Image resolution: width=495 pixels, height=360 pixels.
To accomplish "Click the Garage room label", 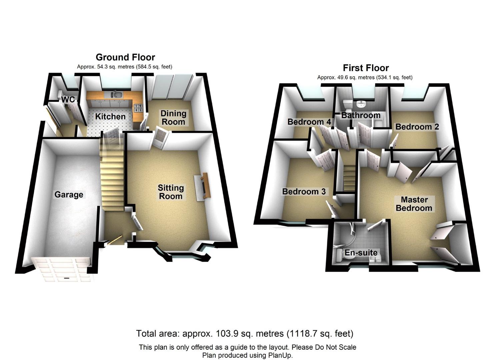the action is pyautogui.click(x=69, y=194).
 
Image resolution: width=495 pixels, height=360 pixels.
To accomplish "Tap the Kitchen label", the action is pyautogui.click(x=110, y=116).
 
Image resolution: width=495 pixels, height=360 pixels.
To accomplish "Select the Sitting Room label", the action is pyautogui.click(x=171, y=192).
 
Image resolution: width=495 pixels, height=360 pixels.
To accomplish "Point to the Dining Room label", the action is pyautogui.click(x=173, y=118).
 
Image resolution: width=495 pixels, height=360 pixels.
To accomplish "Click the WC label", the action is pyautogui.click(x=68, y=99).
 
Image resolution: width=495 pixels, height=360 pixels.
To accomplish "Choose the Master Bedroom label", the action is pyautogui.click(x=414, y=204).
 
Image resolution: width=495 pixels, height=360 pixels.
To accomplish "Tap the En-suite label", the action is pyautogui.click(x=361, y=253).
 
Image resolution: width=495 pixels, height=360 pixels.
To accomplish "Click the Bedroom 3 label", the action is pyautogui.click(x=304, y=191).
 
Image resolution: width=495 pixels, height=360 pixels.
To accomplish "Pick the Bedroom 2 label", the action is pyautogui.click(x=417, y=127).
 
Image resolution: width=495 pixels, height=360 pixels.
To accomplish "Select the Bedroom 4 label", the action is pyautogui.click(x=309, y=122).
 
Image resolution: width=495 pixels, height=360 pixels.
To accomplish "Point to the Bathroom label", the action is pyautogui.click(x=361, y=115).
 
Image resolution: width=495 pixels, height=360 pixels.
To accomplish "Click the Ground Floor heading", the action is pyautogui.click(x=125, y=57).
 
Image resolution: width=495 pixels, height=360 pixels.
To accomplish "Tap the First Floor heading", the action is pyautogui.click(x=366, y=68).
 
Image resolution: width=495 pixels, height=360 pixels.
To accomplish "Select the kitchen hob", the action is pyautogui.click(x=138, y=108).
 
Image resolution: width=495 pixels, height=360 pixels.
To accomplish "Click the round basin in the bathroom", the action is pyautogui.click(x=361, y=104).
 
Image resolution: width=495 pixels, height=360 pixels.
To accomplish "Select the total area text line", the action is pyautogui.click(x=244, y=333).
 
